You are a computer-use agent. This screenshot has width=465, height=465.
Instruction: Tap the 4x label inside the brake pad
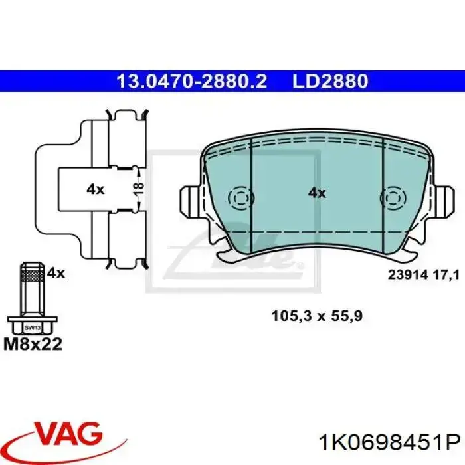[317, 193]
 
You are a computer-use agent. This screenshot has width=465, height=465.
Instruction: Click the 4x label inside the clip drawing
[95, 189]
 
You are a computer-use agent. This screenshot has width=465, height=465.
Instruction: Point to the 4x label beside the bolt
[56, 272]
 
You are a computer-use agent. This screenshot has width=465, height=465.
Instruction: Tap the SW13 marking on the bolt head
[31, 327]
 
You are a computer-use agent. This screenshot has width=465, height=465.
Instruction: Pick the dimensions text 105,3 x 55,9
[316, 316]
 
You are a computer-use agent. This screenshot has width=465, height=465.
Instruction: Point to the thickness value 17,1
[446, 275]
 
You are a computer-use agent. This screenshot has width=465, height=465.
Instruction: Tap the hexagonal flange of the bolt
[31, 328]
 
